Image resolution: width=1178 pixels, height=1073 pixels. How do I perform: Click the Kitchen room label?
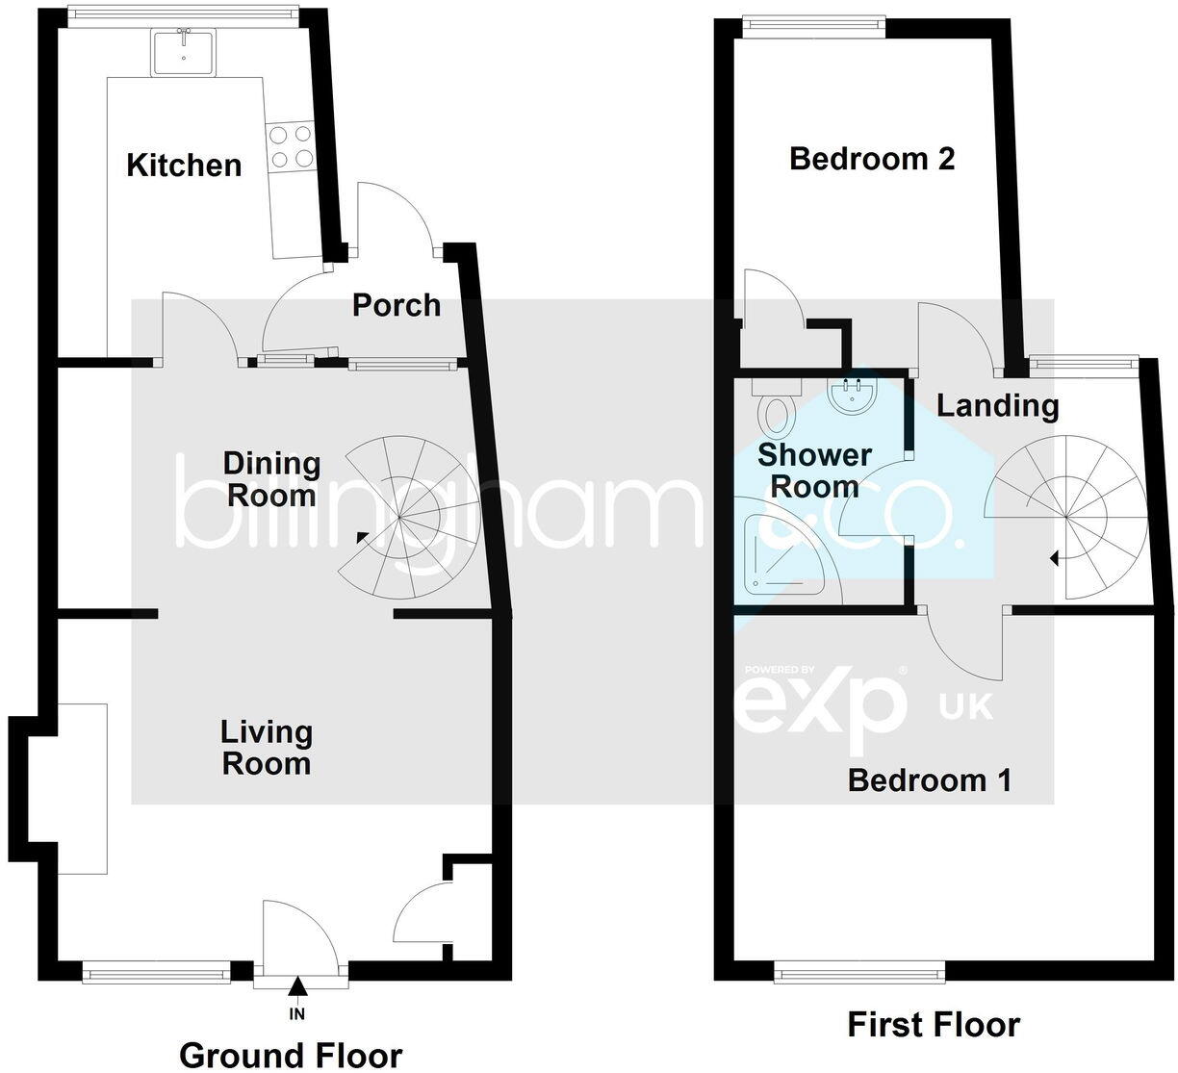coord(184,165)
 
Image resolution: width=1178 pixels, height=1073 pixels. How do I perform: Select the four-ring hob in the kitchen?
coord(291,146)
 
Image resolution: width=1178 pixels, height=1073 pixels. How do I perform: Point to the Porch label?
coord(396,305)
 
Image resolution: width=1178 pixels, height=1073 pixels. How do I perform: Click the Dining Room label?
coord(271,478)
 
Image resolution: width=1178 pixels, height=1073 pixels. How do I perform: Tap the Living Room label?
coord(267,748)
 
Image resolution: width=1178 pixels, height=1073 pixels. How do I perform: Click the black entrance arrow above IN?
coord(297,985)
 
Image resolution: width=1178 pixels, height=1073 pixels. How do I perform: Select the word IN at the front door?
coord(296,1013)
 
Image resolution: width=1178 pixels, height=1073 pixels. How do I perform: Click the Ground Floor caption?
coord(291,1055)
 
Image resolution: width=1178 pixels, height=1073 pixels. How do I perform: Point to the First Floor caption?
coord(933,1025)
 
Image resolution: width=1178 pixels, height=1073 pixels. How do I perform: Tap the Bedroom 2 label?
coord(872,158)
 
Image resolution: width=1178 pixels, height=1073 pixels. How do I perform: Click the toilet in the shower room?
coord(775,410)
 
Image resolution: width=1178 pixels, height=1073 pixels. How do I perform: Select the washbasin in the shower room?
coord(852,396)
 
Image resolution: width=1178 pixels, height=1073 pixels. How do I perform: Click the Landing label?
coord(998,405)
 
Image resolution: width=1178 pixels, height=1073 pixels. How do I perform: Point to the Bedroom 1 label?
coord(929,779)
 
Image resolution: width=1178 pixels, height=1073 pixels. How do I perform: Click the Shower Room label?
coord(814,470)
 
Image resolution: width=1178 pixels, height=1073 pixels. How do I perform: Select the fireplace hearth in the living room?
coord(82,788)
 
